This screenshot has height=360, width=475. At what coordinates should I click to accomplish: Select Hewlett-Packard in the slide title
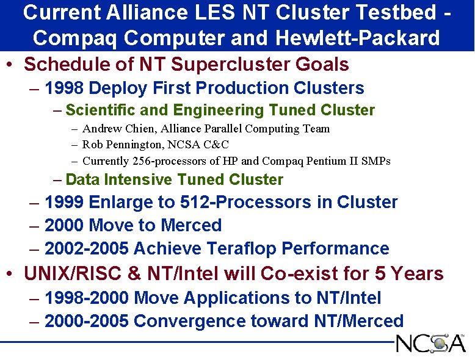357,38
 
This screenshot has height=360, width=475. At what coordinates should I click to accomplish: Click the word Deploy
117,88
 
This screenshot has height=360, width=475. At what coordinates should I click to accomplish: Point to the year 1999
64,203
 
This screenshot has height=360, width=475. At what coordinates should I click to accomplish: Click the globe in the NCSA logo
439,344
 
